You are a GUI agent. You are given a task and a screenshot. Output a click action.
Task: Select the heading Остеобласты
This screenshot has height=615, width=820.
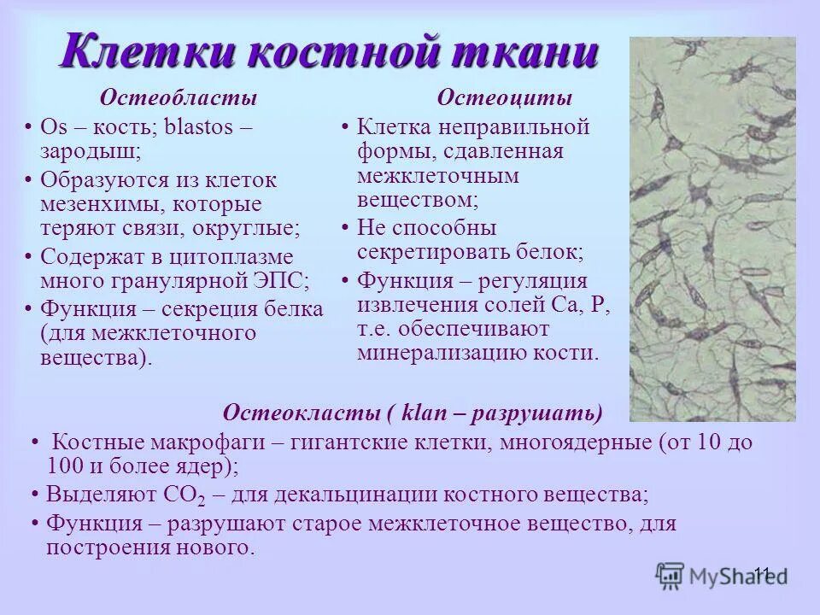[x=179, y=98]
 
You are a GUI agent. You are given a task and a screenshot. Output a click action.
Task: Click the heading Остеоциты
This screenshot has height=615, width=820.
[x=505, y=98]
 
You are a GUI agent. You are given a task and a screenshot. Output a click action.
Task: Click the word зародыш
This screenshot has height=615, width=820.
[x=87, y=151]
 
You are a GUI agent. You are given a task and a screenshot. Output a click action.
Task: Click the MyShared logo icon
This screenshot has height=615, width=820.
[x=670, y=575]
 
